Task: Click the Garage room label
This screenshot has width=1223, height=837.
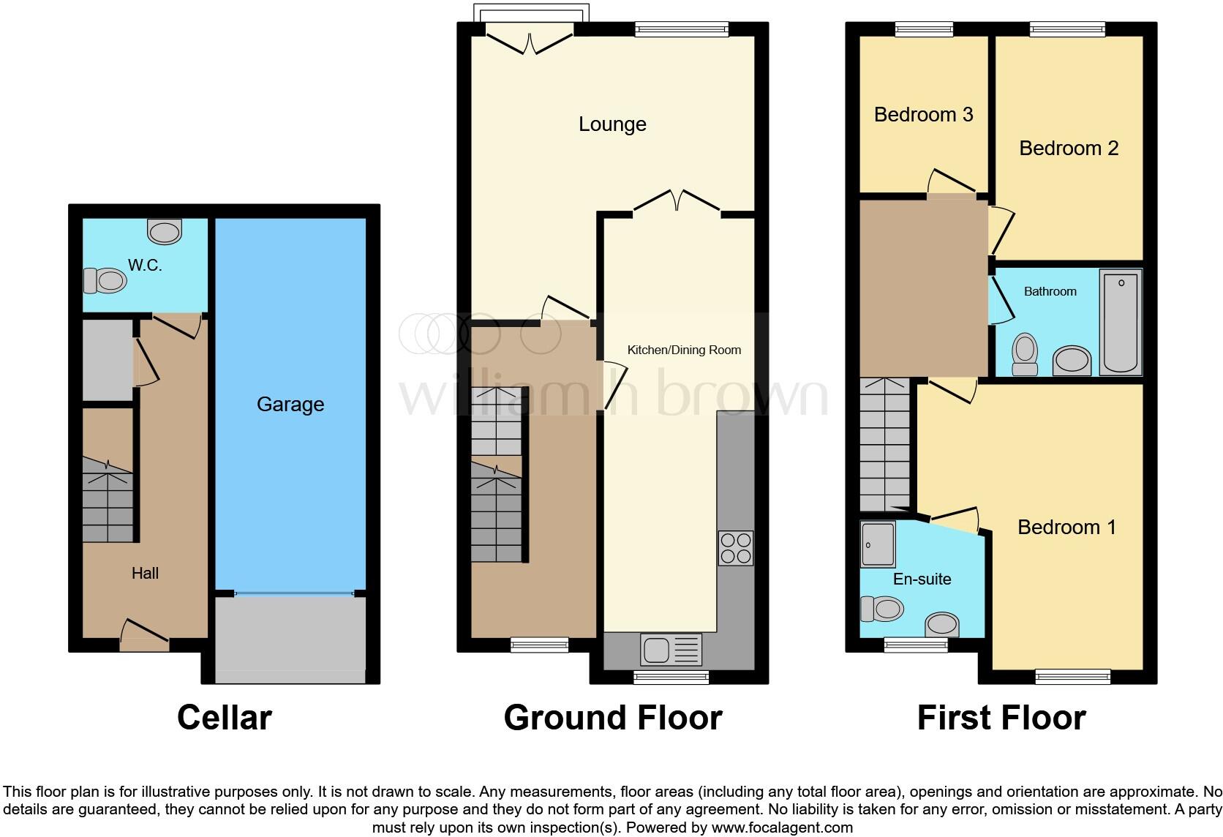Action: pyautogui.click(x=290, y=405)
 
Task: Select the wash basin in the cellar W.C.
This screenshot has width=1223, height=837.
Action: pyautogui.click(x=165, y=231)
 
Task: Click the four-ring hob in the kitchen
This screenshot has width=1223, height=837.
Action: pyautogui.click(x=735, y=548)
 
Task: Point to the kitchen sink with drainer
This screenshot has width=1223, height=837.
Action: pyautogui.click(x=671, y=649)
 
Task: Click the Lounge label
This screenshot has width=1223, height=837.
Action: pyautogui.click(x=612, y=124)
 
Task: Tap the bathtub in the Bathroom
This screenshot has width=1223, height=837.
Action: pyautogui.click(x=1121, y=321)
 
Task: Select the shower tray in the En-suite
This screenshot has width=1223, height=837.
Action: pyautogui.click(x=878, y=544)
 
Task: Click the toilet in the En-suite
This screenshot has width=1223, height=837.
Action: pyautogui.click(x=882, y=608)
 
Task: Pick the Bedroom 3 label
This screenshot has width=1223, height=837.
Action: pyautogui.click(x=923, y=115)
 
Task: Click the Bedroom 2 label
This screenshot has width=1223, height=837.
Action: pyautogui.click(x=1069, y=149)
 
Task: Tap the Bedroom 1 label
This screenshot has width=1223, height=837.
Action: pyautogui.click(x=1066, y=528)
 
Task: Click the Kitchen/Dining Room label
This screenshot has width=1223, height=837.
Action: pyautogui.click(x=684, y=350)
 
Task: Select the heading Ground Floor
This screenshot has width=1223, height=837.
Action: pyautogui.click(x=613, y=718)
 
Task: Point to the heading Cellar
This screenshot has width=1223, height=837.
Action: pyautogui.click(x=225, y=718)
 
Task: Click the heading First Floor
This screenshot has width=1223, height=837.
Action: pyautogui.click(x=1001, y=718)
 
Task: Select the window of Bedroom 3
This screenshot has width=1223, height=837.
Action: pyautogui.click(x=924, y=29)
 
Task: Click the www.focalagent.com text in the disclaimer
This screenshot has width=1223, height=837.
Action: pyautogui.click(x=781, y=828)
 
